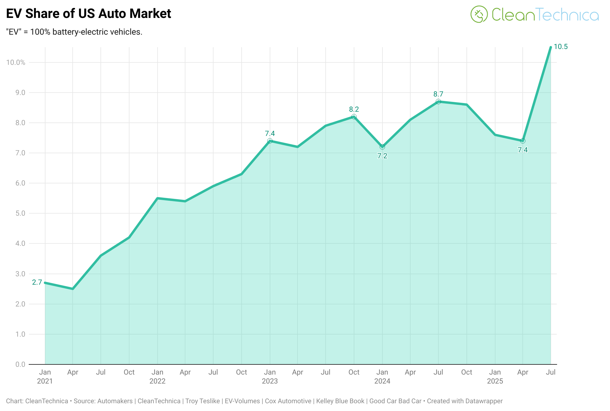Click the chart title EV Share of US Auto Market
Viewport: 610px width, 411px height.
click(x=89, y=14)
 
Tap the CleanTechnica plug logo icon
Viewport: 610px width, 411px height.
click(x=479, y=14)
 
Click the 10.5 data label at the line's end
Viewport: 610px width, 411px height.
click(x=560, y=47)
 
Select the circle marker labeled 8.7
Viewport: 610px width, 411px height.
click(x=438, y=102)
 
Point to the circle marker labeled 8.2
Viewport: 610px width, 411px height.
click(x=354, y=117)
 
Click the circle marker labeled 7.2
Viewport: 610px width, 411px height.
click(x=382, y=147)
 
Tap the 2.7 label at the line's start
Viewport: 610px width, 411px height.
click(x=37, y=282)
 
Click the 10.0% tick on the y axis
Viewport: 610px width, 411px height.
click(x=16, y=62)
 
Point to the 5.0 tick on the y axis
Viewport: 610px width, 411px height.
click(x=20, y=213)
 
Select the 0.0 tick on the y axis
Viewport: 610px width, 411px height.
click(x=20, y=364)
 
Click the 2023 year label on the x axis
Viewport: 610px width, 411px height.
click(x=270, y=381)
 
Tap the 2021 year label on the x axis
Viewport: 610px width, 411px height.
click(x=45, y=381)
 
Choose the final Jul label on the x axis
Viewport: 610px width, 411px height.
click(x=550, y=372)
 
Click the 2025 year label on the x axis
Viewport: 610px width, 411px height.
click(x=495, y=381)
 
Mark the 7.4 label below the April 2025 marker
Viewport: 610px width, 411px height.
click(x=523, y=150)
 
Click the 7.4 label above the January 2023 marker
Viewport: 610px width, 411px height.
click(x=270, y=134)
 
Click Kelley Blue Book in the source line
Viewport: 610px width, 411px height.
click(x=340, y=401)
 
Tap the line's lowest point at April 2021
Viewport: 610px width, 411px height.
click(x=73, y=289)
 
